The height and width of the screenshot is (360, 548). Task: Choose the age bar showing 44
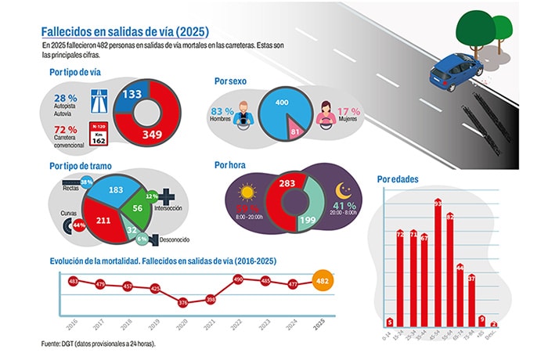click(x=460, y=293)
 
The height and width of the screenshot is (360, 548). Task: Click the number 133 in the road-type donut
click(x=131, y=95)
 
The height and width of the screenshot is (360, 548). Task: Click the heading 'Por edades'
click(x=398, y=179)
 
